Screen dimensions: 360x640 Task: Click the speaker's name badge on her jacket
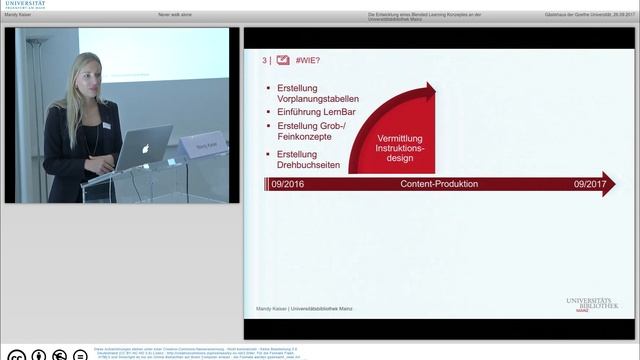[106, 125]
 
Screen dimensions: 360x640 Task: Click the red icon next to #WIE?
[269, 61]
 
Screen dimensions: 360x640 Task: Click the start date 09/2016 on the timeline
[288, 185]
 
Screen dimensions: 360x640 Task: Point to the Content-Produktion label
[439, 185]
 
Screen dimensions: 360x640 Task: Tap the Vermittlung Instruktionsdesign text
[400, 146]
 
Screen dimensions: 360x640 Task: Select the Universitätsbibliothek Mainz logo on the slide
[592, 306]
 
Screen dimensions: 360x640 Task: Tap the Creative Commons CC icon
[15, 354]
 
